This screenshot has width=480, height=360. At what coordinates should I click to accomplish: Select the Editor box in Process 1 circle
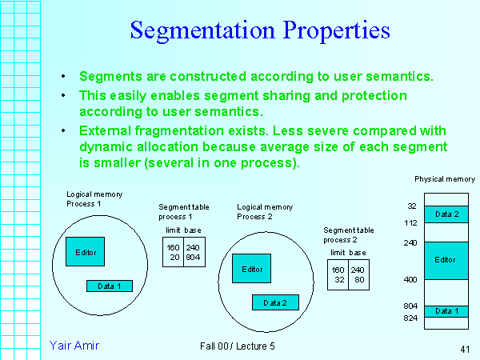pyautogui.click(x=86, y=252)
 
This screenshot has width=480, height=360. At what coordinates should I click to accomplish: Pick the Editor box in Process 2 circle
pyautogui.click(x=251, y=269)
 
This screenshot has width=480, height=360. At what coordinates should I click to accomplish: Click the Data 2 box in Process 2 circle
pyautogui.click(x=274, y=302)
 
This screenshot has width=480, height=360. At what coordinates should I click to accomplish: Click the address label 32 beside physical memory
pyautogui.click(x=412, y=206)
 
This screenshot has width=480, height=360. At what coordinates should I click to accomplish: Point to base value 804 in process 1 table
pyautogui.click(x=194, y=257)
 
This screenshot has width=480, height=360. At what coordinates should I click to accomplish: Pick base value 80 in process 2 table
pyautogui.click(x=360, y=280)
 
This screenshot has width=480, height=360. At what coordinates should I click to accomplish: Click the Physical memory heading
pyautogui.click(x=444, y=179)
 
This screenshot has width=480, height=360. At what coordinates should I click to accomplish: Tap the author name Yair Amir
pyautogui.click(x=74, y=345)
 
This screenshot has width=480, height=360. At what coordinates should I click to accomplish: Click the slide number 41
pyautogui.click(x=464, y=349)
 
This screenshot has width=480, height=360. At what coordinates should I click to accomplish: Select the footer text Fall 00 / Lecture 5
pyautogui.click(x=238, y=346)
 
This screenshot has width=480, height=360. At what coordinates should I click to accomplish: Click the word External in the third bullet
pyautogui.click(x=106, y=130)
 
